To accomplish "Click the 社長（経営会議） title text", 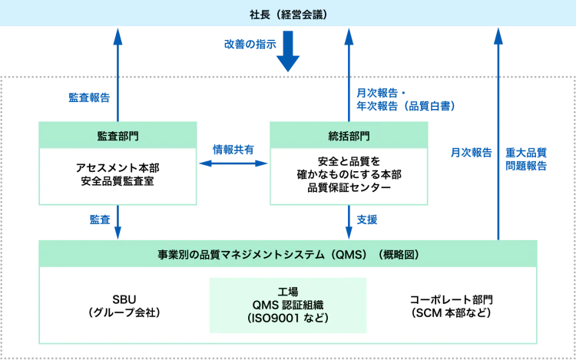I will click(288, 15).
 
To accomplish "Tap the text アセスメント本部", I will click(118, 167).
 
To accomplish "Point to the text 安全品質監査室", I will click(118, 182).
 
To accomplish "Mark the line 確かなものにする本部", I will click(348, 176).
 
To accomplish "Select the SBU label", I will click(123, 299).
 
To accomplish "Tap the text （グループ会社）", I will click(123, 312).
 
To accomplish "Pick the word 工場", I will click(288, 292).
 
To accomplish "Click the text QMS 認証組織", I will click(288, 305).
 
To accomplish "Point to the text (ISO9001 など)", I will click(288, 318).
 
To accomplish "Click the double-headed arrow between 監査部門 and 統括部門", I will click(233, 163).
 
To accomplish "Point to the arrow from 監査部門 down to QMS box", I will click(118, 223).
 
